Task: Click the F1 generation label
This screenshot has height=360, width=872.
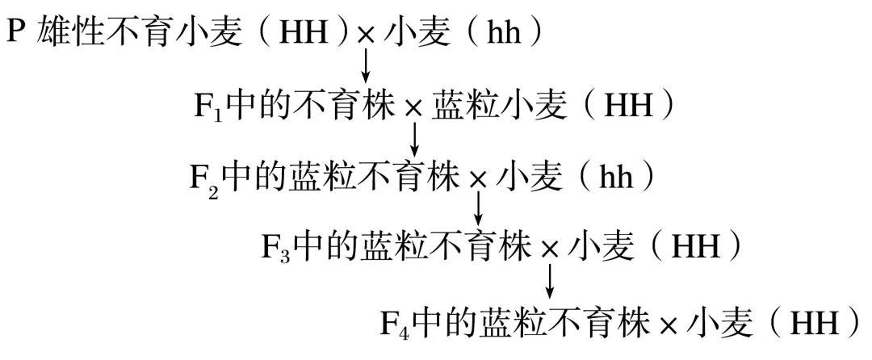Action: click(208, 107)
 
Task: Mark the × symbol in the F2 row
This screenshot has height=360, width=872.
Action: click(478, 180)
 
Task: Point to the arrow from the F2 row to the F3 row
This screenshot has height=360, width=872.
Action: click(478, 209)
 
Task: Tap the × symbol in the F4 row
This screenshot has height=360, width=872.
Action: click(669, 324)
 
